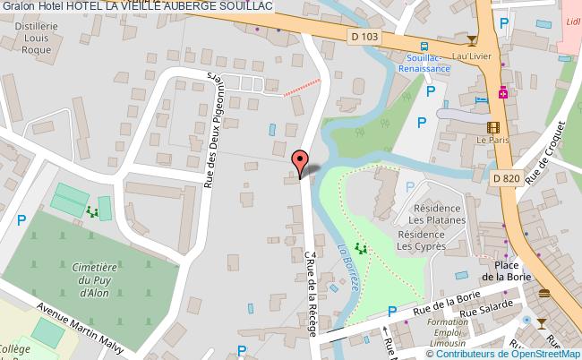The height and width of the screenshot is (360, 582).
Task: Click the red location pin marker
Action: coord(301,160)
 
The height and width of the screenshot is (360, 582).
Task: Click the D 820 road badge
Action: coord(506,177)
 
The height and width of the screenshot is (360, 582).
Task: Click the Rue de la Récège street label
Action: coord(311,294)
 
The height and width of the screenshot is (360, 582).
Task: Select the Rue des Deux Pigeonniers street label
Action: coord(212,127)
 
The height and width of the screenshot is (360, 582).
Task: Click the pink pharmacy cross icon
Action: coord(503,92)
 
